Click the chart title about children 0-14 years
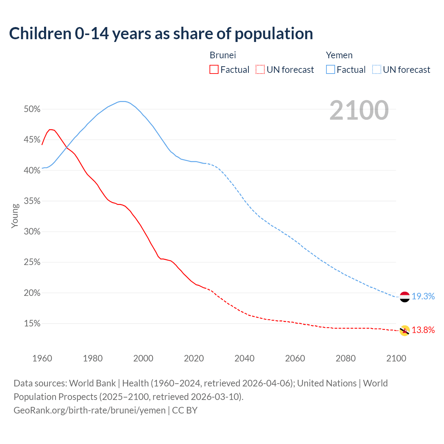(x=161, y=34)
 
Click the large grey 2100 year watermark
(x=359, y=110)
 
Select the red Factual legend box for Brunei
(x=214, y=70)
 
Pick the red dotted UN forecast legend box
(x=260, y=70)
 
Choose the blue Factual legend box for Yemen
(x=331, y=70)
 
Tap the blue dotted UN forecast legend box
(x=376, y=70)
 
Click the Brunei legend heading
(x=223, y=55)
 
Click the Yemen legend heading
(x=339, y=55)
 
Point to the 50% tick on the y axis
(x=32, y=109)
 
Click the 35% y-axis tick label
(x=32, y=201)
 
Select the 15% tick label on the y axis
(x=32, y=324)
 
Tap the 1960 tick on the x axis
(x=42, y=358)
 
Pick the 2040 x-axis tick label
(x=245, y=358)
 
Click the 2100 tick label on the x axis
(x=396, y=358)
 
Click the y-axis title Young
(x=15, y=216)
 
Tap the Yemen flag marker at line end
(x=404, y=297)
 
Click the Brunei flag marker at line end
(x=404, y=331)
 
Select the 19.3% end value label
(x=423, y=296)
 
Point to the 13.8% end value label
(x=423, y=330)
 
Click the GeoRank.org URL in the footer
(x=89, y=410)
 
